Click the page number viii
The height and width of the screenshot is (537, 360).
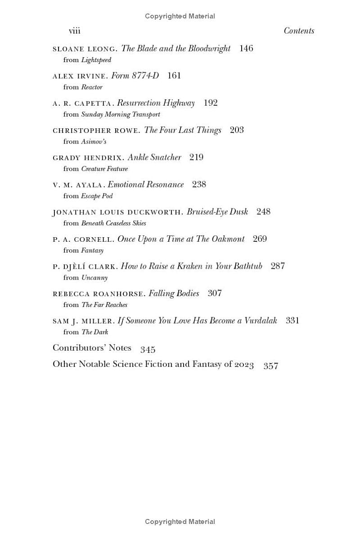(x=74, y=31)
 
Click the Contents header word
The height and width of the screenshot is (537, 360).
(x=299, y=31)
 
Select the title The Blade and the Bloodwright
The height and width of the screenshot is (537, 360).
(x=175, y=49)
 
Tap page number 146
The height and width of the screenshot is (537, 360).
(x=246, y=49)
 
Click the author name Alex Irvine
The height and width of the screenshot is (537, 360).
(x=80, y=76)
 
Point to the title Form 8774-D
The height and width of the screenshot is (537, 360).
(x=135, y=76)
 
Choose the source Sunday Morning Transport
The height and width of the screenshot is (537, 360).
(x=121, y=114)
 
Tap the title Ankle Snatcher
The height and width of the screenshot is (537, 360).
(x=154, y=158)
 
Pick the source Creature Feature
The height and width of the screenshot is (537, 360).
(x=104, y=169)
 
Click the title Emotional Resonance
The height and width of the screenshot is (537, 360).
(x=146, y=185)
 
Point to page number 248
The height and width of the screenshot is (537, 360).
(x=263, y=212)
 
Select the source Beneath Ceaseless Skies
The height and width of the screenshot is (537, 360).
(x=113, y=223)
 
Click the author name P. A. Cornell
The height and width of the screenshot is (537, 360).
(x=83, y=239)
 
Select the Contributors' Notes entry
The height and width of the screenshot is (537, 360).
(x=92, y=348)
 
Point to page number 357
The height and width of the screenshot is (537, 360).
(x=271, y=366)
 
